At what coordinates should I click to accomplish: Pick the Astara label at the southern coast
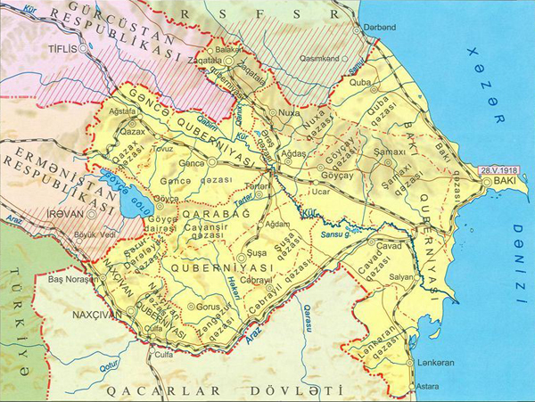431,390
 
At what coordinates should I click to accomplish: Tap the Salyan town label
401,276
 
